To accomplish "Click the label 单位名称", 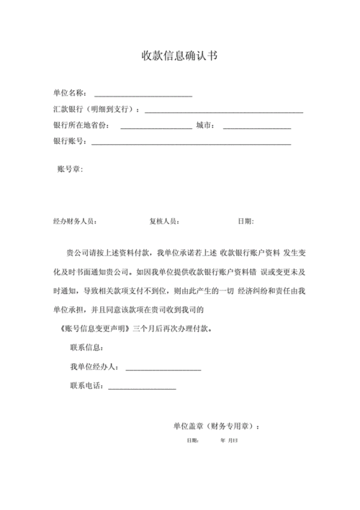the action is tap(69, 94).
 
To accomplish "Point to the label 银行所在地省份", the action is tap(81, 125).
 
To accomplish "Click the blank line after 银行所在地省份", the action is tap(156, 127).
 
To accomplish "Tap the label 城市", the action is tap(204, 125).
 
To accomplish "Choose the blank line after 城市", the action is tap(256, 127).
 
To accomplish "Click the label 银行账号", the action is tap(69, 141).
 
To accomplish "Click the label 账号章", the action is tap(70, 169).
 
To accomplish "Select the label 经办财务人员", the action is tap(76, 221).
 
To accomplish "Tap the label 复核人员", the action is tap(164, 221).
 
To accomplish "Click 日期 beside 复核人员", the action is tap(246, 221).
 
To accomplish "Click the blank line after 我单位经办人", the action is tap(163, 369).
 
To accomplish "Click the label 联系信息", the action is tap(88, 348).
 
